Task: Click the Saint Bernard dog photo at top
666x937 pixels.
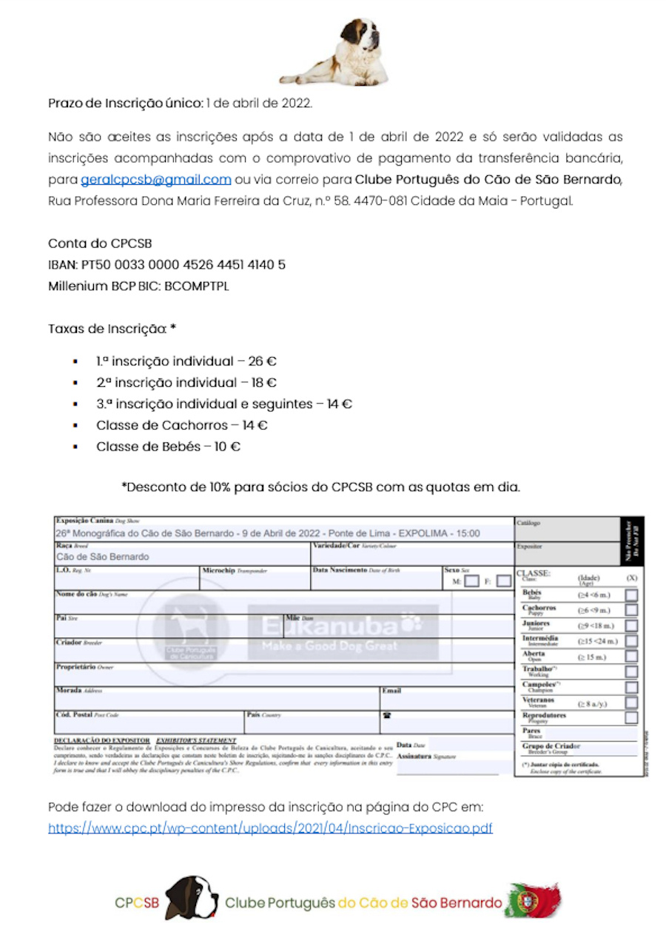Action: (x=334, y=52)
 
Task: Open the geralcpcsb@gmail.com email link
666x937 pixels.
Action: (x=156, y=180)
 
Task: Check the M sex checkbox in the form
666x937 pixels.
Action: (x=471, y=581)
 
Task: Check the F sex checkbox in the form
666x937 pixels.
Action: (x=503, y=581)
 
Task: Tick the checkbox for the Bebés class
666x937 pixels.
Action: (x=631, y=595)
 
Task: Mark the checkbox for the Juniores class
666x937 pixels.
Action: (x=631, y=626)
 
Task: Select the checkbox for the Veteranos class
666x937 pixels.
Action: (x=631, y=703)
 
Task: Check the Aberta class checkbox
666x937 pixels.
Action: (x=631, y=656)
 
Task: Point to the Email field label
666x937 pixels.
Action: (x=391, y=691)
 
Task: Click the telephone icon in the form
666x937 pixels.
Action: (x=386, y=715)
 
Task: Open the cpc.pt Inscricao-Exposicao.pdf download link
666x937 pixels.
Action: (x=270, y=828)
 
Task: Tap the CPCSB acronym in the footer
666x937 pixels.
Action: (x=137, y=903)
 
